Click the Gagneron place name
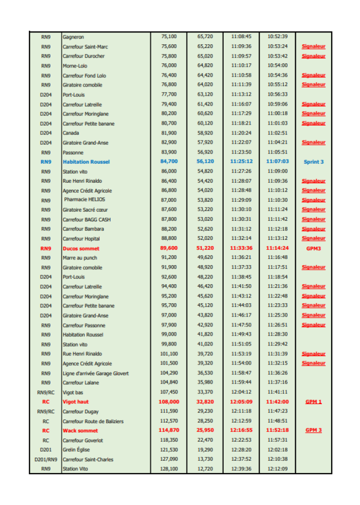(73, 37)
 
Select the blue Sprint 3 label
(313, 162)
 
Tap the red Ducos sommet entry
(81, 249)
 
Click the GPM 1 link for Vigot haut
(313, 402)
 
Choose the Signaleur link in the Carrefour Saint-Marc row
(313, 47)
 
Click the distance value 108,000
(169, 402)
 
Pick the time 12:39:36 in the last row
(241, 469)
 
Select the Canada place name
(71, 133)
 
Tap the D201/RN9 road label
(46, 460)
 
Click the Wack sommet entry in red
(80, 431)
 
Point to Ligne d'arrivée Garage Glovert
(96, 373)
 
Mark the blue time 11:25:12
(241, 162)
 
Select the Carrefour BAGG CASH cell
(86, 220)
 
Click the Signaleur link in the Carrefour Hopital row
(313, 239)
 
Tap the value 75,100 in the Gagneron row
(169, 37)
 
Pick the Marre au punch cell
(79, 258)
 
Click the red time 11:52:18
(277, 431)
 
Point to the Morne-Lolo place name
(75, 66)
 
